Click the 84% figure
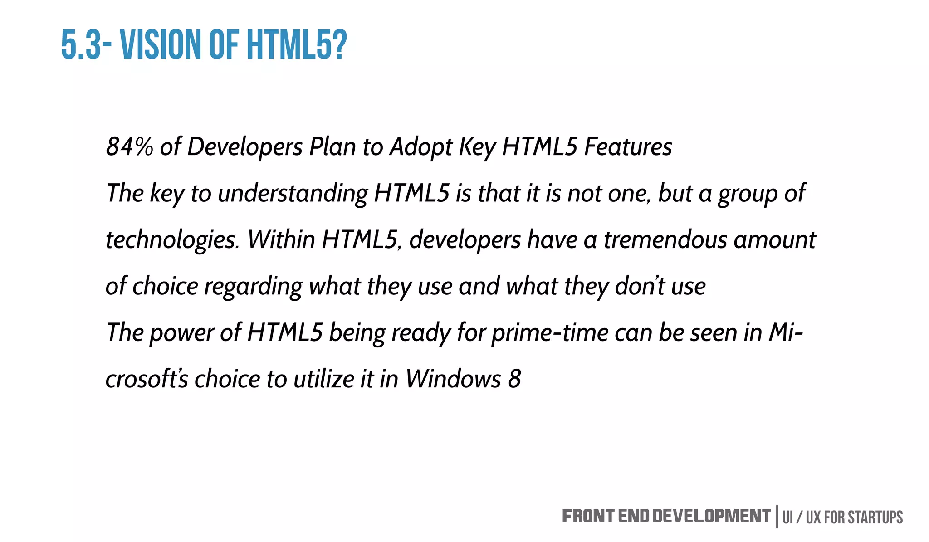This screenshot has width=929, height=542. tap(129, 147)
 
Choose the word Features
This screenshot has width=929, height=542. tap(628, 147)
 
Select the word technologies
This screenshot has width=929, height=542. tap(172, 240)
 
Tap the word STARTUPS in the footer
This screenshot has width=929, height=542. tap(875, 518)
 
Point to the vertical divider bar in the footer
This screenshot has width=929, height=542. tap(777, 517)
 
